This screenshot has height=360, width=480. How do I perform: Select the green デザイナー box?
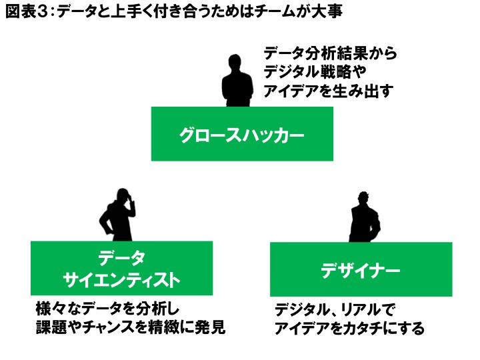click(361, 270)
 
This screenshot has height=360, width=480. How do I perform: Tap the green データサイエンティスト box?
click(121, 268)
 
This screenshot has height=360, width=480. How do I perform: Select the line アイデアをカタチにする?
click(349, 329)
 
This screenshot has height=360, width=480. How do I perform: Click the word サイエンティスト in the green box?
click(121, 280)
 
